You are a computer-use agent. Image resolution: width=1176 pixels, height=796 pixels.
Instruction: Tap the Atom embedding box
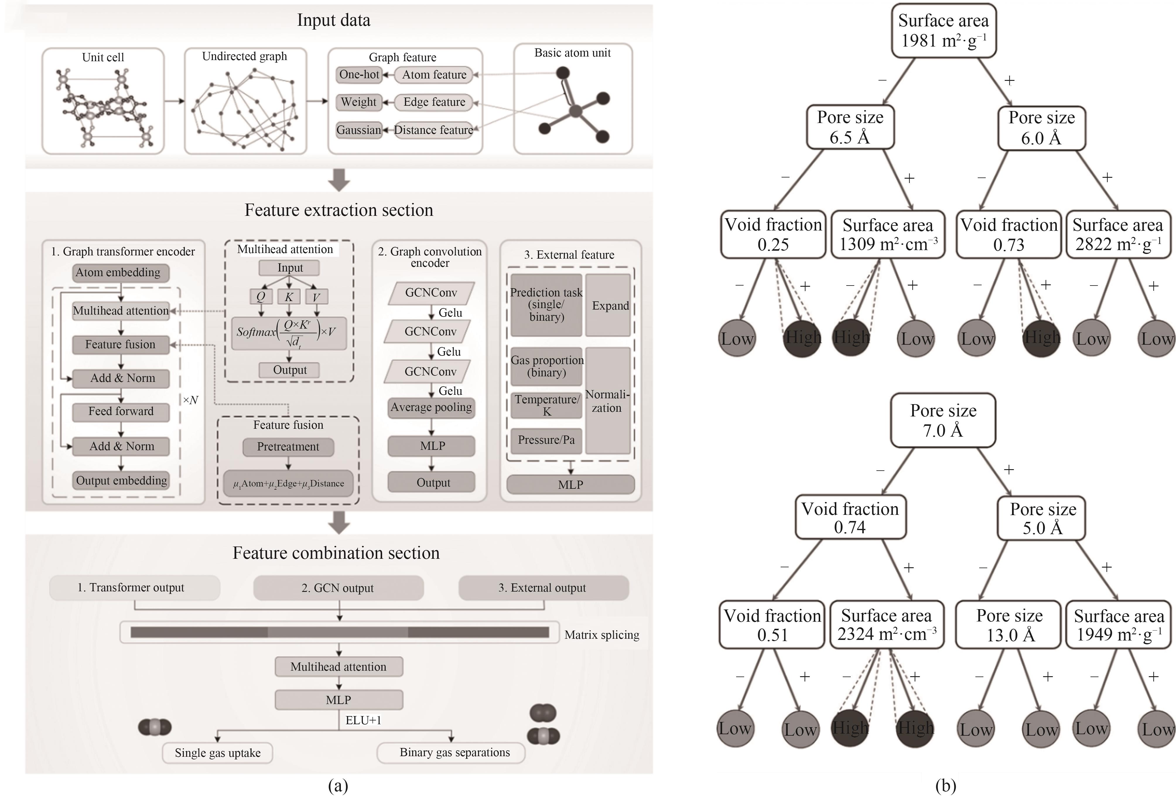120,273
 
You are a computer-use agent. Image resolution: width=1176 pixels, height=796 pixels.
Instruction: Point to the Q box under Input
261,297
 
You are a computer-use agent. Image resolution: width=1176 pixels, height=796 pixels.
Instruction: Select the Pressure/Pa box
546,440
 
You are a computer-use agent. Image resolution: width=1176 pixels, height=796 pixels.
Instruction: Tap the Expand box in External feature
609,306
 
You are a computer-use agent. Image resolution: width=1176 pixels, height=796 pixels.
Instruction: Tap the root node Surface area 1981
943,30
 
